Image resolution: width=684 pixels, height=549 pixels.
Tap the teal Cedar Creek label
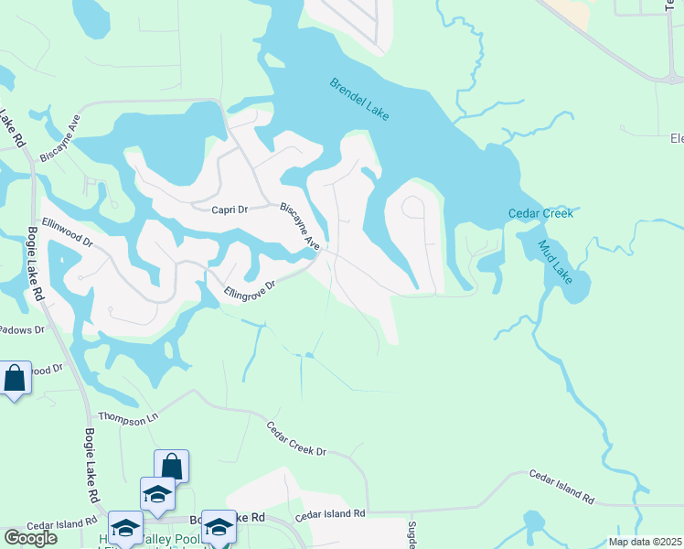(x=540, y=214)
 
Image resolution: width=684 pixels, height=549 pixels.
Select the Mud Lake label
(x=555, y=262)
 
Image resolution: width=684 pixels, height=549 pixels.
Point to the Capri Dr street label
(x=230, y=210)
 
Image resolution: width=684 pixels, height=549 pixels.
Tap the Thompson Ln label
(x=123, y=420)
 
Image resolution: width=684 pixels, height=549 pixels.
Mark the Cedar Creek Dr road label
(x=296, y=439)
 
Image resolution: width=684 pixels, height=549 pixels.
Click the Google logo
(x=30, y=538)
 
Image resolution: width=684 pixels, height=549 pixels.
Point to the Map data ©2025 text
(x=646, y=542)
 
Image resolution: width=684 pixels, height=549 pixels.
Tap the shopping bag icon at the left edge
(x=15, y=377)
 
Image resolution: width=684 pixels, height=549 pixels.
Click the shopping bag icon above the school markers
(x=171, y=467)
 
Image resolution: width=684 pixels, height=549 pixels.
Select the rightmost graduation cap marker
(x=219, y=526)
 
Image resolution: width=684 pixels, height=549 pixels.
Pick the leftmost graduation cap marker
(x=125, y=528)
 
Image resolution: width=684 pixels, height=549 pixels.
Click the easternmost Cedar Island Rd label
(x=561, y=487)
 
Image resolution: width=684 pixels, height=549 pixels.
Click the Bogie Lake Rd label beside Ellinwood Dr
(x=36, y=264)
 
